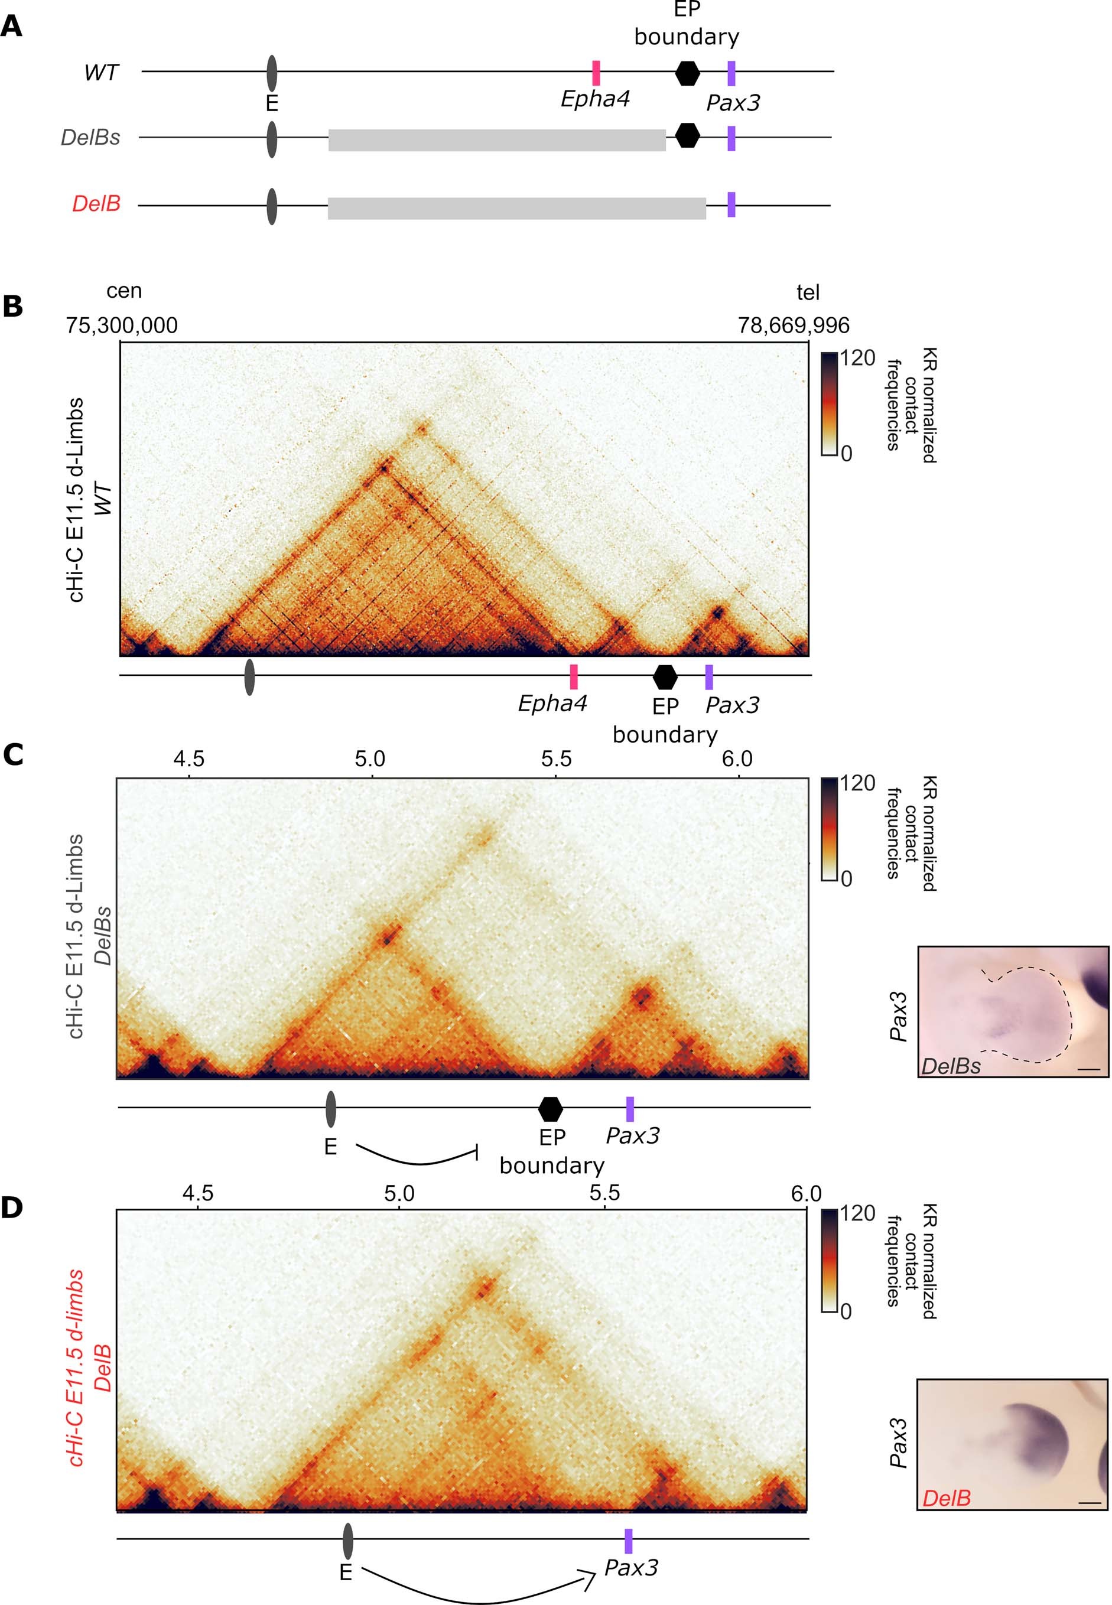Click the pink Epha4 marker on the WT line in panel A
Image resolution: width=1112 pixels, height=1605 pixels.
[596, 73]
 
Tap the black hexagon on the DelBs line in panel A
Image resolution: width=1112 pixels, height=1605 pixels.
[688, 135]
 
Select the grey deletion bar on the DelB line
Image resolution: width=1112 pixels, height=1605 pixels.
[516, 209]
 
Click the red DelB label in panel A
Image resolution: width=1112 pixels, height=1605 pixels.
[96, 204]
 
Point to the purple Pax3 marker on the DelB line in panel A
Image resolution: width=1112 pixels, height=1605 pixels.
[731, 205]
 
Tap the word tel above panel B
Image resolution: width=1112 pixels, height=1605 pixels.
[808, 292]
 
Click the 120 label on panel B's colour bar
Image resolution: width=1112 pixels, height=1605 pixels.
[857, 358]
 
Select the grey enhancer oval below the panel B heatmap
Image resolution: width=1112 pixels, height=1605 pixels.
[249, 677]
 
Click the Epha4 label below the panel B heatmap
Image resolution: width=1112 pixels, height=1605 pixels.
[552, 704]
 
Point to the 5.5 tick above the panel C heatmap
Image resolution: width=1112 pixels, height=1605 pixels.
[555, 758]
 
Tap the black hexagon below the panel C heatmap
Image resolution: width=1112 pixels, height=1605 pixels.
[551, 1108]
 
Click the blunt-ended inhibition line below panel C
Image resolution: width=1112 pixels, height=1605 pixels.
[418, 1157]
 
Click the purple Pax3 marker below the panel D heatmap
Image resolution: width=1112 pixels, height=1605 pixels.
[629, 1541]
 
